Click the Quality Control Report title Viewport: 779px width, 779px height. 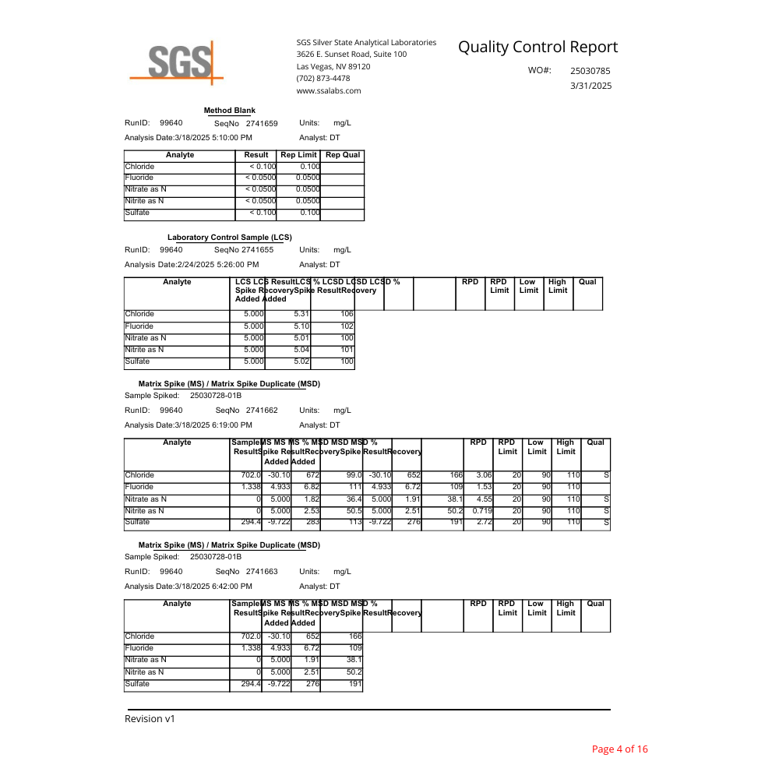click(538, 48)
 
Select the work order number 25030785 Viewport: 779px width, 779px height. click(590, 71)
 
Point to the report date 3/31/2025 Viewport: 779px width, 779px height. click(591, 86)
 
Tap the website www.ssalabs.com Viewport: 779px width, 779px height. click(328, 91)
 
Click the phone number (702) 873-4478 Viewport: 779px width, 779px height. click(323, 79)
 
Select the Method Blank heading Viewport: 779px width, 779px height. click(229, 111)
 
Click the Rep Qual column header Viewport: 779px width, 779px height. click(342, 155)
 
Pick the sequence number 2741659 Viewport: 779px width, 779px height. click(262, 124)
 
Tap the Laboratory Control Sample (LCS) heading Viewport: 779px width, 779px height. click(229, 238)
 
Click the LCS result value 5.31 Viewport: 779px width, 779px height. click(301, 315)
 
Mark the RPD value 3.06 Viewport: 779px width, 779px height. click(484, 475)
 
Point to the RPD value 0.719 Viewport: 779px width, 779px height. click(482, 510)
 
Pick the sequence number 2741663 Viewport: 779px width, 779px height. click(262, 572)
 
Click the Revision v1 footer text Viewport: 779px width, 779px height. click(150, 719)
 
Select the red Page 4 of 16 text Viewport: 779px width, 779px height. click(619, 749)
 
